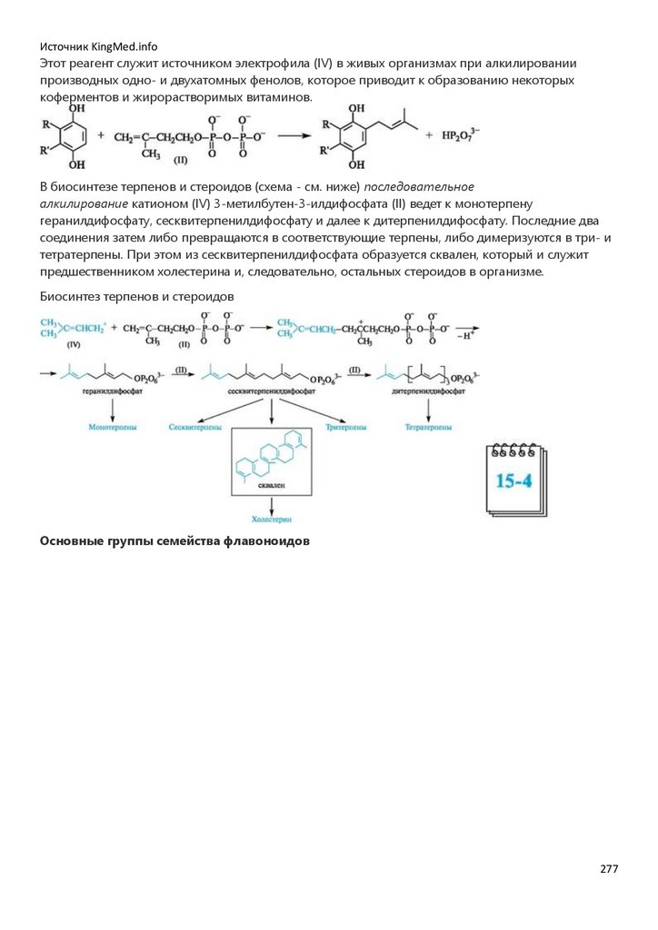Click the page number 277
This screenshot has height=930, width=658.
[x=609, y=869]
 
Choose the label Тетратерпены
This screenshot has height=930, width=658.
[x=430, y=425]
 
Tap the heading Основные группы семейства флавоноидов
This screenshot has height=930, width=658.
[x=175, y=541]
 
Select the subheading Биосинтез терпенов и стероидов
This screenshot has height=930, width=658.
[x=137, y=297]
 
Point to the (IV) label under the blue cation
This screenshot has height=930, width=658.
[x=75, y=345]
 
